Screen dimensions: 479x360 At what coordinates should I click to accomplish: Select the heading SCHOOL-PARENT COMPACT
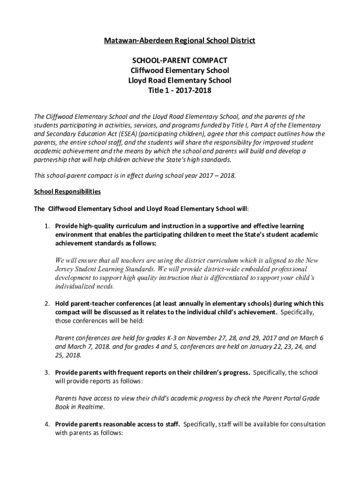[x=180, y=60]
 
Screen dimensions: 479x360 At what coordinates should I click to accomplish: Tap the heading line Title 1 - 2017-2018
[x=180, y=90]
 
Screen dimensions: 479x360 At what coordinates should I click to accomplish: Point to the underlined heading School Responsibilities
[x=67, y=192]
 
